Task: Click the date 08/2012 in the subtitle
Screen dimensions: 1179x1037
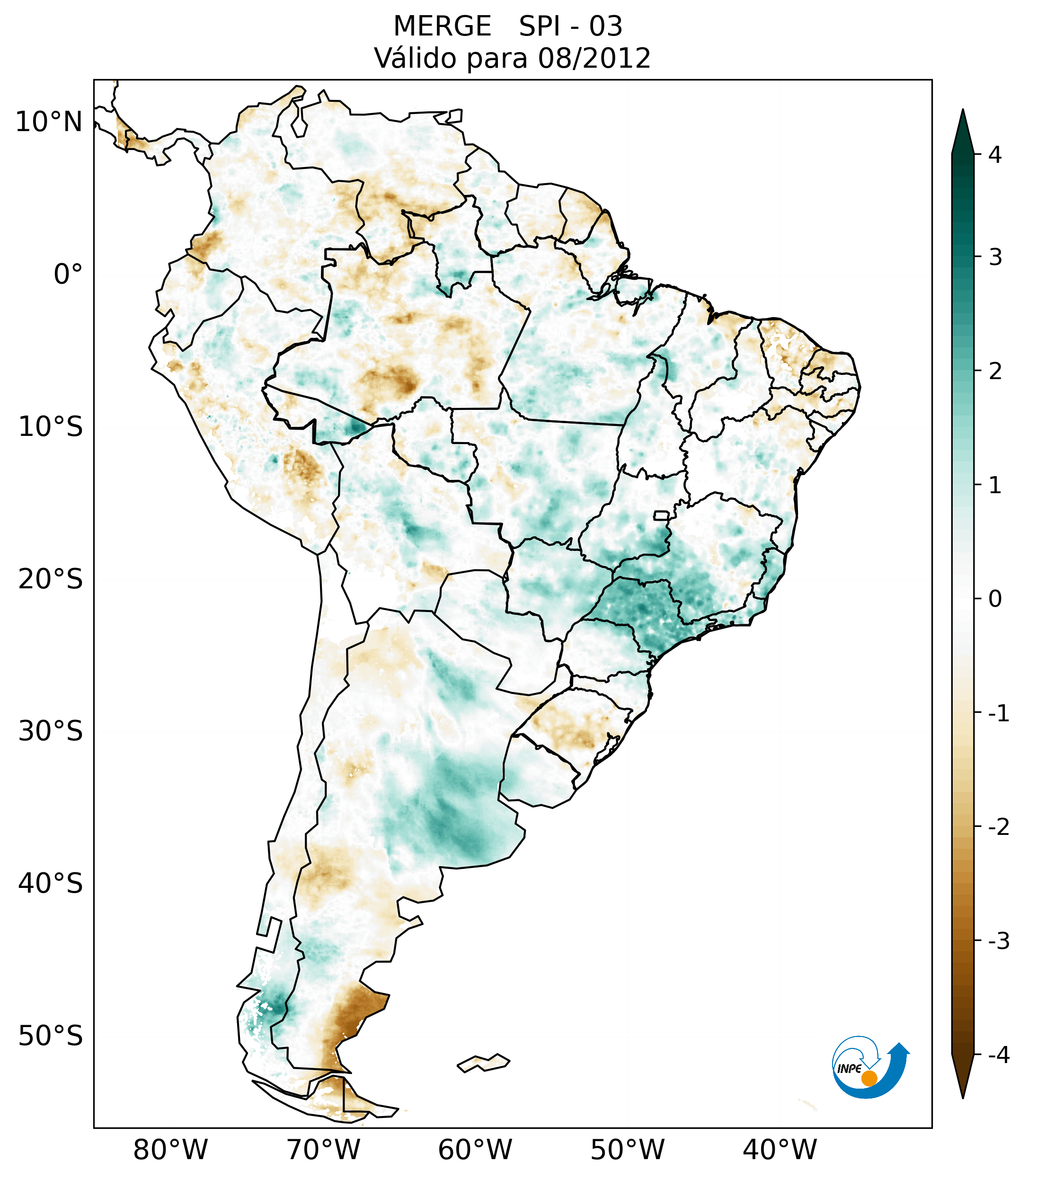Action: (x=594, y=58)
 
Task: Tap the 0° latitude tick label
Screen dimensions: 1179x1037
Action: (x=68, y=275)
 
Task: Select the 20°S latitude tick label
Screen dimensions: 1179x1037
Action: (x=51, y=579)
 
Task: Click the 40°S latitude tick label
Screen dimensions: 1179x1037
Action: (x=51, y=884)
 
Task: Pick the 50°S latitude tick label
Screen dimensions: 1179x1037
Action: (x=51, y=1036)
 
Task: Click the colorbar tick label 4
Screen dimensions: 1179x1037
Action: (x=995, y=155)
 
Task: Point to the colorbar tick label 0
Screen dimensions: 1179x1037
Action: (x=995, y=599)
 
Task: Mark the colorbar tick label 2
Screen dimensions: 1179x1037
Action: (x=995, y=372)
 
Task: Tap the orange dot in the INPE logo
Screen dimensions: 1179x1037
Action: (x=869, y=1078)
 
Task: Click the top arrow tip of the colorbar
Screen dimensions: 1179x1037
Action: (x=963, y=111)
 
